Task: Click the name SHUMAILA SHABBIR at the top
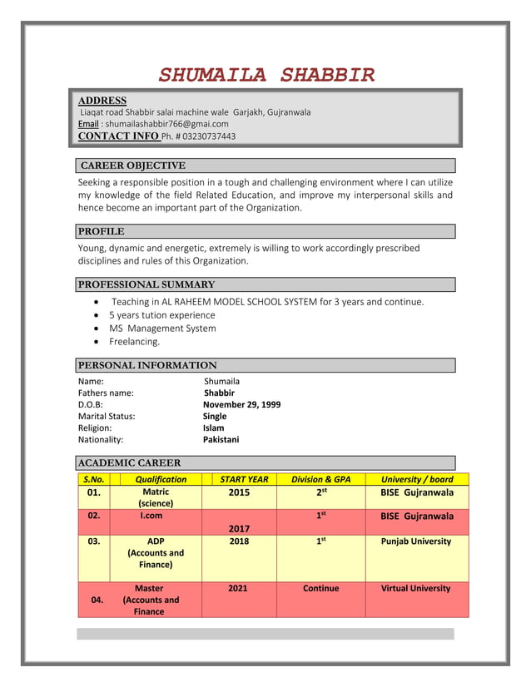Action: [x=266, y=76]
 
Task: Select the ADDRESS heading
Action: [x=102, y=101]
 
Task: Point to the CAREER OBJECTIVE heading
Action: [x=133, y=166]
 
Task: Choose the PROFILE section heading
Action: [x=102, y=231]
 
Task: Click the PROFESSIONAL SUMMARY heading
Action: [x=146, y=284]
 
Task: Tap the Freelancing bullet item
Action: [x=135, y=341]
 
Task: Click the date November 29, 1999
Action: [x=241, y=404]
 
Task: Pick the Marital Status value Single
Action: [x=215, y=416]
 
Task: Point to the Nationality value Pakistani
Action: [x=221, y=439]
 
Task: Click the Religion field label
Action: [x=95, y=428]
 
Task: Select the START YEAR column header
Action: [x=244, y=479]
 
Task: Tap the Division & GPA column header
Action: [x=320, y=479]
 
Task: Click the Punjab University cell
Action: [x=416, y=541]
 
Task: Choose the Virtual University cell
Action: [x=416, y=588]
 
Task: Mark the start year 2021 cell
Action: [x=238, y=588]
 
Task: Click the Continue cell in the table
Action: [x=320, y=588]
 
